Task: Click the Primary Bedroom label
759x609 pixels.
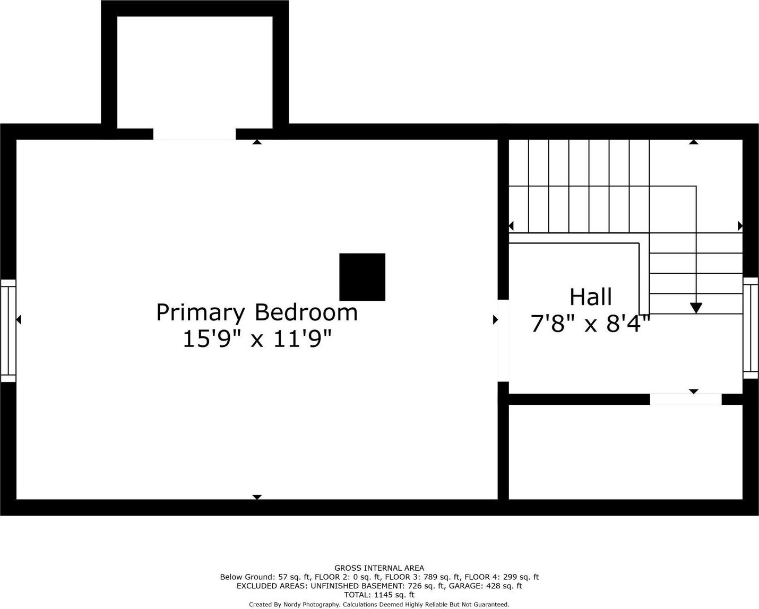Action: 257,312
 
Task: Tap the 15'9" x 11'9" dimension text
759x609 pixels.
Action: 257,339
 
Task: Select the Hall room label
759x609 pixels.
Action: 591,297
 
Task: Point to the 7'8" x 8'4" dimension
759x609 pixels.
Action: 590,324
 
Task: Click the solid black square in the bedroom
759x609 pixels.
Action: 362,277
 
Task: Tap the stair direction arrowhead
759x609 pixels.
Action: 696,308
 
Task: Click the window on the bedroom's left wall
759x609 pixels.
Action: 8,331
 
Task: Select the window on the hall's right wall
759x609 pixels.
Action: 751,328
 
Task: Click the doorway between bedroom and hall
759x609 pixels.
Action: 503,341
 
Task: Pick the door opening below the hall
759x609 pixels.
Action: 686,399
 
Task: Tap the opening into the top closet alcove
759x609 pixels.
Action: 194,134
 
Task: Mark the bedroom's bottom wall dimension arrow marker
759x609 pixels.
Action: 257,497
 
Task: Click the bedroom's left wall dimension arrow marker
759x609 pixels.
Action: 19,319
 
